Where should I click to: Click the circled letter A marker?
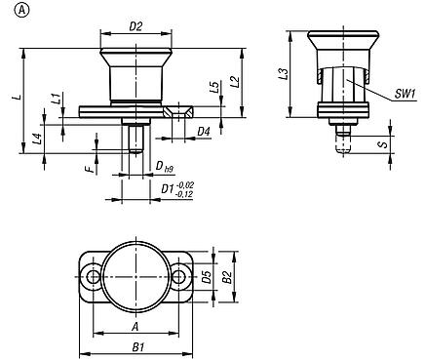coord(10,10)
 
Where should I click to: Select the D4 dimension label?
coord(203,130)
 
